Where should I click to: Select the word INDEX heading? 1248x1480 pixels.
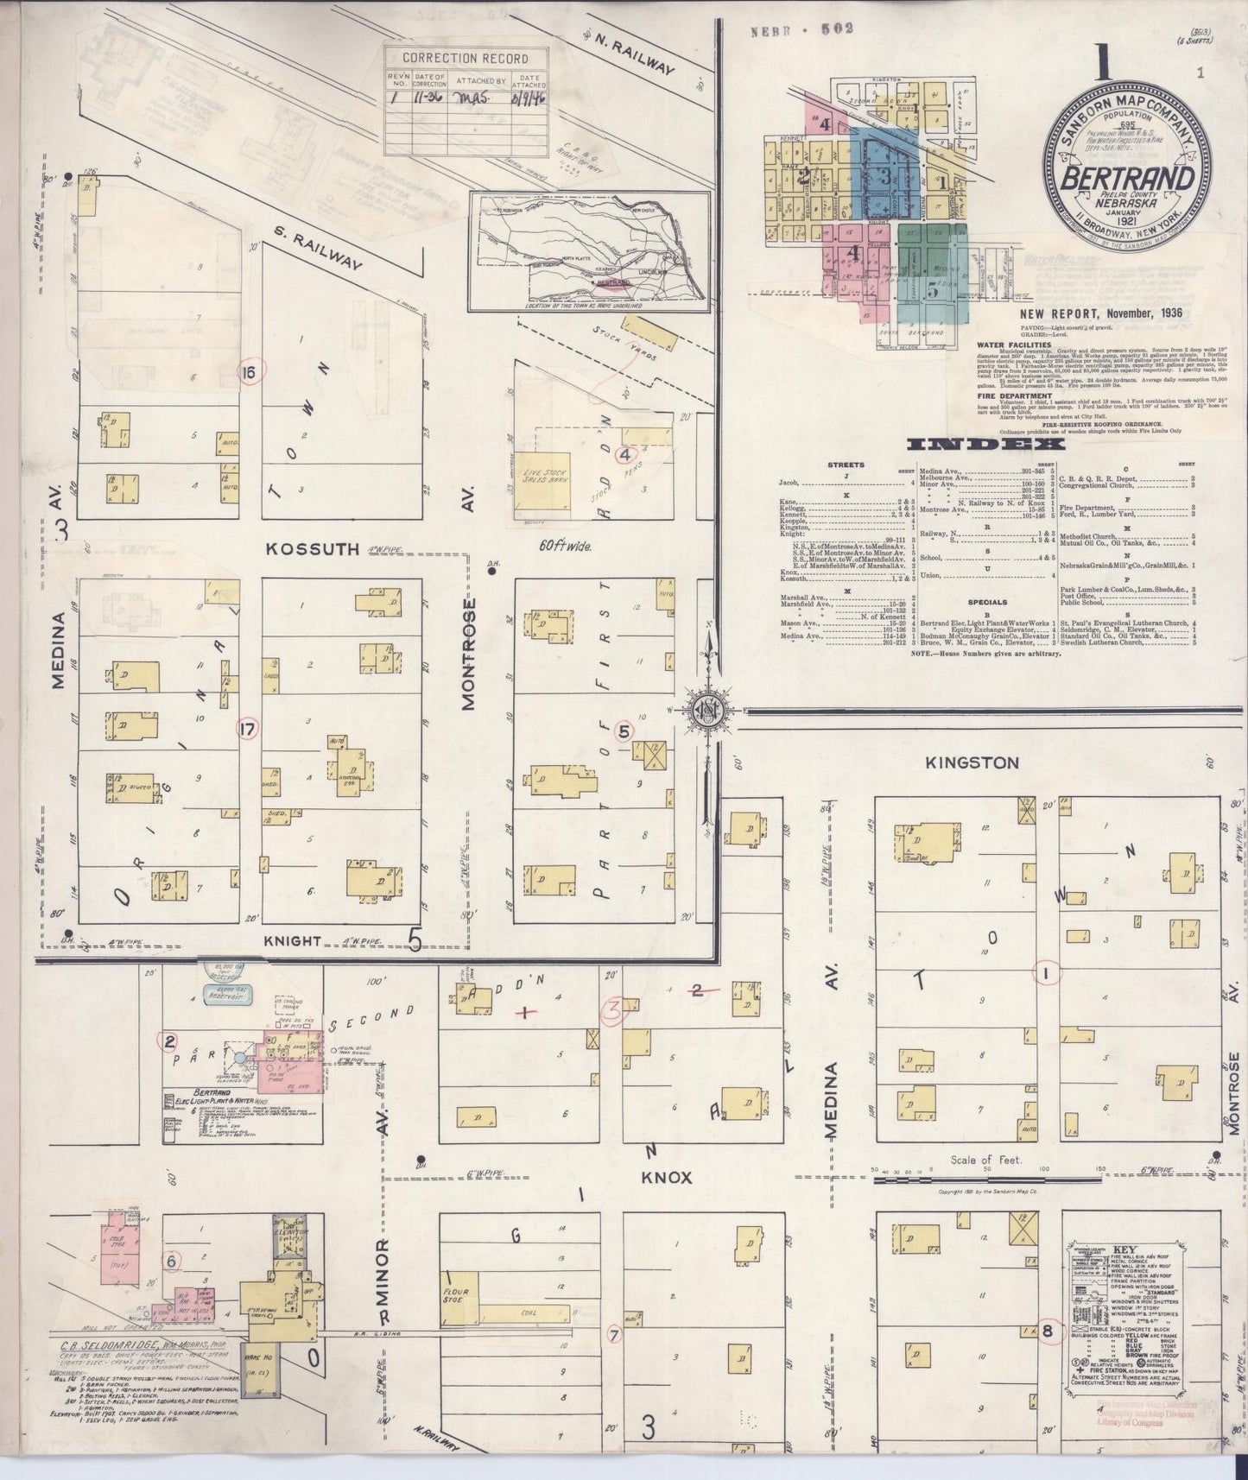click(x=985, y=445)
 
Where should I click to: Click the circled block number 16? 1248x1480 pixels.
click(x=250, y=373)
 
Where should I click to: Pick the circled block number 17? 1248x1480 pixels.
click(x=250, y=729)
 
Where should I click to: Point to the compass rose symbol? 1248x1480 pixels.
click(x=709, y=710)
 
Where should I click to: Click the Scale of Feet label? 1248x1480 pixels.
click(x=985, y=1160)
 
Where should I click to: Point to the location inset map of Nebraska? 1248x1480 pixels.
click(x=588, y=250)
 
